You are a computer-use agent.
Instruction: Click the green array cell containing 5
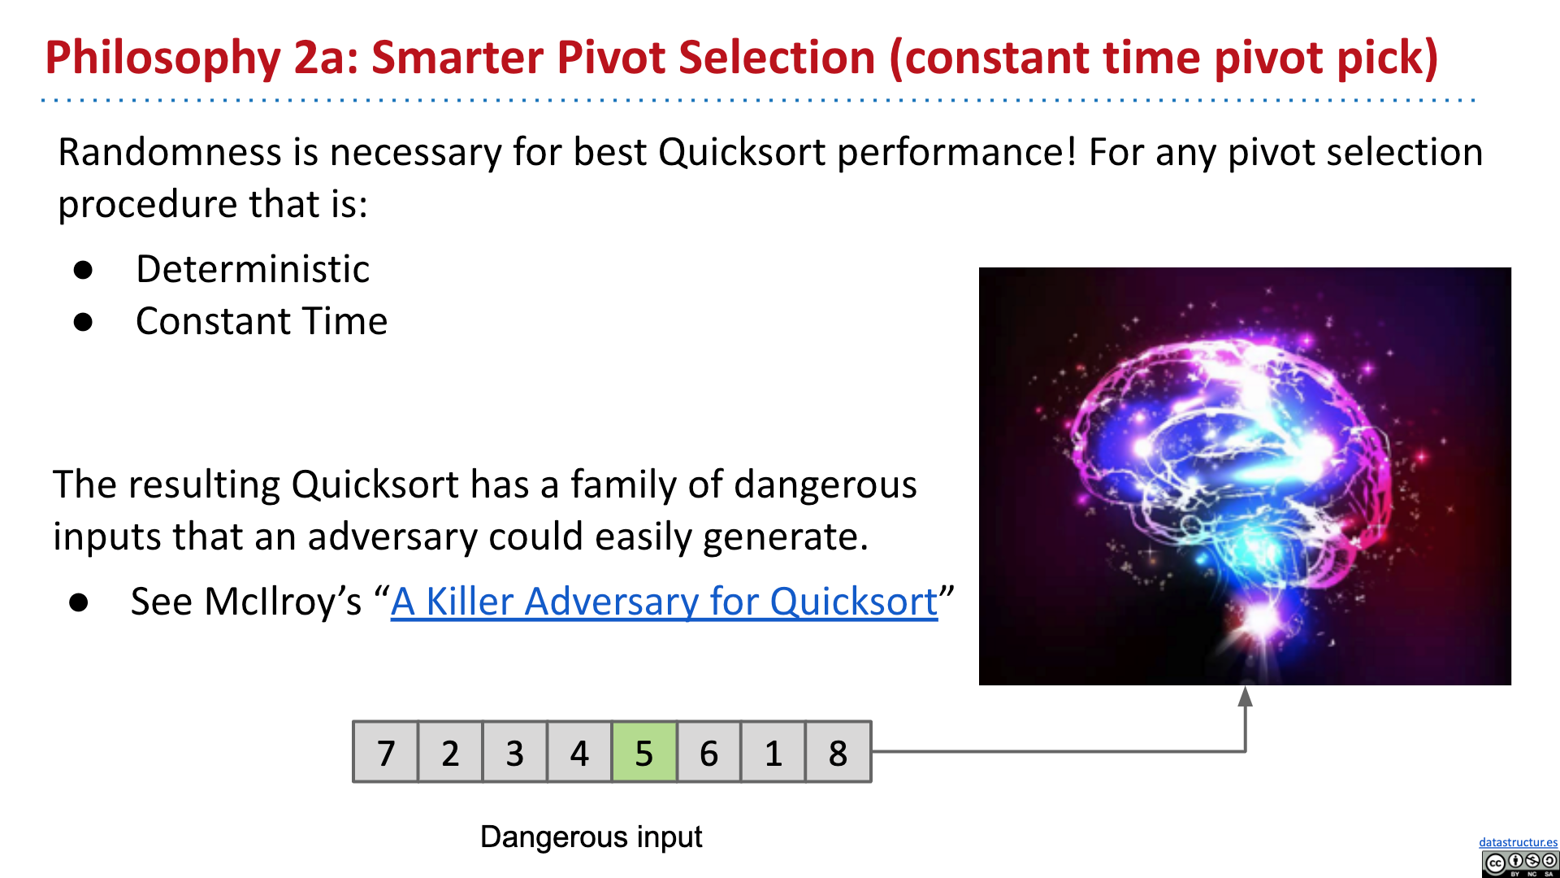click(x=643, y=752)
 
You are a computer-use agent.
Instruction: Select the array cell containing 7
click(x=385, y=752)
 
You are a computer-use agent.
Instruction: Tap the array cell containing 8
click(x=838, y=752)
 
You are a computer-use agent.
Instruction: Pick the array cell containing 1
click(x=773, y=752)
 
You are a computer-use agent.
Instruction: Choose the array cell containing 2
click(x=450, y=752)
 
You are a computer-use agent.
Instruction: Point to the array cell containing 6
click(x=708, y=752)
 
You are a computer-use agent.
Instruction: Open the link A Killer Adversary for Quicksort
click(x=664, y=602)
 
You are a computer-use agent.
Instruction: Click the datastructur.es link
click(x=1518, y=842)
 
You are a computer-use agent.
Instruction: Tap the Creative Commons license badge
click(x=1520, y=863)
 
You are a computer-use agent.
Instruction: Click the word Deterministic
click(x=253, y=269)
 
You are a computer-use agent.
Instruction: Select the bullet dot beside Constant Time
click(x=83, y=322)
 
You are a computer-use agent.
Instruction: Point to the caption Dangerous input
click(x=591, y=837)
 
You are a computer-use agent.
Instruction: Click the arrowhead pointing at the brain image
click(x=1245, y=696)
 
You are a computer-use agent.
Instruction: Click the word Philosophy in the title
click(x=163, y=59)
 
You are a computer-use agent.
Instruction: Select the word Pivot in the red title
click(x=609, y=57)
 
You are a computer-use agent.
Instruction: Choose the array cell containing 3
click(x=514, y=752)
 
